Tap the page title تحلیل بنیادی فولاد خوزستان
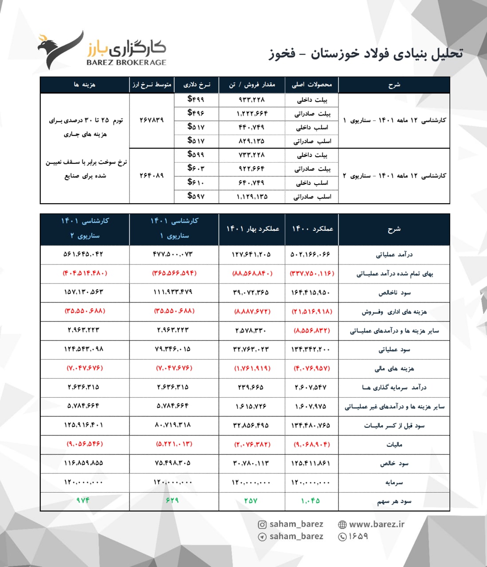pyautogui.click(x=365, y=54)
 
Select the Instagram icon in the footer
pyautogui.click(x=262, y=525)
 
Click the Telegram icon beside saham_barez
pyautogui.click(x=262, y=537)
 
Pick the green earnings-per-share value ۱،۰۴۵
pyautogui.click(x=310, y=501)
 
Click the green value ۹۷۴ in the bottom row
pyautogui.click(x=83, y=501)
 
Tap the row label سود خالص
pyautogui.click(x=394, y=463)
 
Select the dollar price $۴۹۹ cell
pyautogui.click(x=196, y=99)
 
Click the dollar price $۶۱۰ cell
pyautogui.click(x=196, y=182)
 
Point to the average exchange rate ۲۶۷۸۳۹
pyautogui.click(x=151, y=120)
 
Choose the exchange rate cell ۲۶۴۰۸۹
pyautogui.click(x=151, y=175)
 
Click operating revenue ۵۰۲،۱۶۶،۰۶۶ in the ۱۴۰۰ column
pyautogui.click(x=310, y=255)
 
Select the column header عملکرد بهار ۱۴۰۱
pyautogui.click(x=252, y=229)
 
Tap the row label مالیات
pyautogui.click(x=394, y=444)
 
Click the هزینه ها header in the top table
pyautogui.click(x=85, y=85)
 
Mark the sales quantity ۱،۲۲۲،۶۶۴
pyautogui.click(x=252, y=113)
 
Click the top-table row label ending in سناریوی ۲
pyautogui.click(x=394, y=175)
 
